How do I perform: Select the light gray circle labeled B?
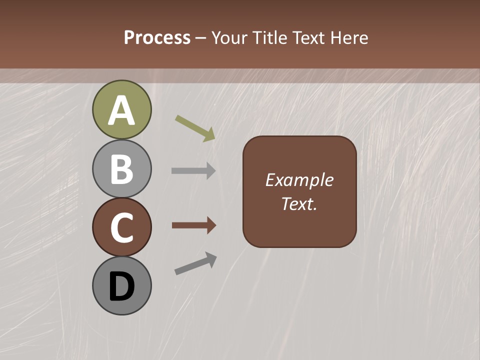pos(121,169)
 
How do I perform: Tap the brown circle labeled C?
pos(121,227)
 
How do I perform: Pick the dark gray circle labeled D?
pos(121,285)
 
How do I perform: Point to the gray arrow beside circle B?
pos(193,171)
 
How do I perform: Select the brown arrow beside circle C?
pos(193,225)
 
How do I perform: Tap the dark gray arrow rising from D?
pos(195,263)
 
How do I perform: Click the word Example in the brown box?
pos(299,180)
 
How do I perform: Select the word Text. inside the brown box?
pos(299,204)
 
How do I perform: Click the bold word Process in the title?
pos(157,38)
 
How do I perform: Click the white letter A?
pos(121,110)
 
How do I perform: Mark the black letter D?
pos(121,287)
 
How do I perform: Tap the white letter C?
pos(121,228)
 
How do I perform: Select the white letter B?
pos(121,169)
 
